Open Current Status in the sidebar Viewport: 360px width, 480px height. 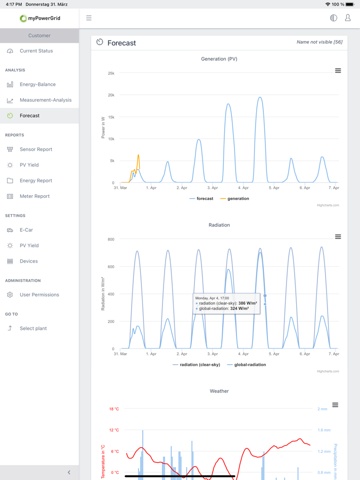tap(36, 51)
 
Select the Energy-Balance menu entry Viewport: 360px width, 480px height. tap(38, 84)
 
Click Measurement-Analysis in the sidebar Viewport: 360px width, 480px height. tap(45, 100)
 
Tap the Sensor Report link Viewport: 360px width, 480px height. tap(35, 150)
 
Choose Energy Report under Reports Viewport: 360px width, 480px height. tap(35, 181)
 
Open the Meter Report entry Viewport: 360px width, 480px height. tap(34, 196)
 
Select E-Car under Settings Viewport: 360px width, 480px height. tap(26, 230)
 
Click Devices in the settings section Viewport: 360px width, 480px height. tap(29, 261)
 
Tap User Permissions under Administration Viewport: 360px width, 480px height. tap(39, 295)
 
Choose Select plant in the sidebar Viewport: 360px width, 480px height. tap(33, 328)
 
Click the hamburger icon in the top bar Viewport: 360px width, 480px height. tap(89, 18)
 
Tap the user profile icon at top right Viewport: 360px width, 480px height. tap(348, 18)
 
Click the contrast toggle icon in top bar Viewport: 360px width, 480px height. tap(333, 18)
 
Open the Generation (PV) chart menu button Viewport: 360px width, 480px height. tap(338, 71)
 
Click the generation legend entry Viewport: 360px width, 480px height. tap(238, 198)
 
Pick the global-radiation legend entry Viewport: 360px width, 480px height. tap(250, 365)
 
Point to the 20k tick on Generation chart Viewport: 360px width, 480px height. tap(111, 95)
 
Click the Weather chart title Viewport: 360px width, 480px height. tap(219, 391)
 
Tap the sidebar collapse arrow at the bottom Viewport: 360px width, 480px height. tap(69, 472)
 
